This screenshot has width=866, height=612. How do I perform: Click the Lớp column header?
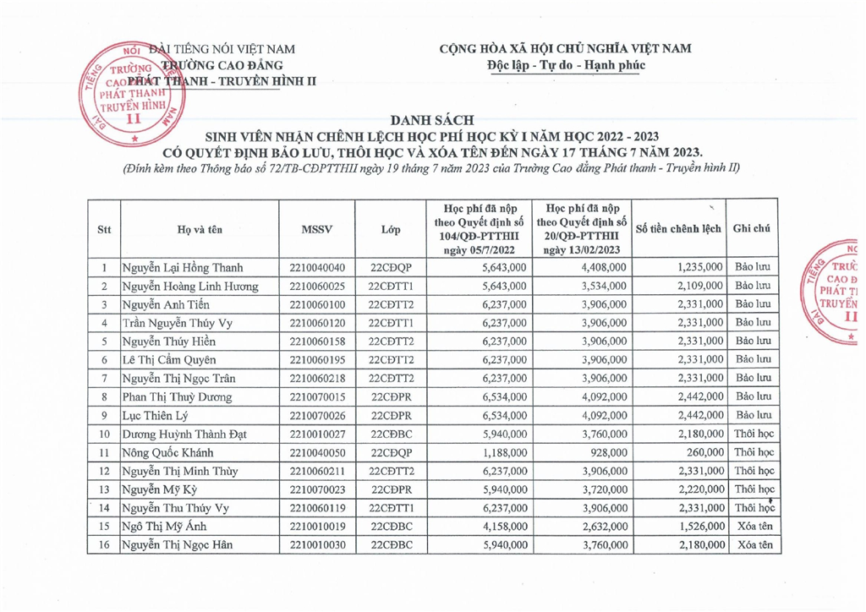coord(391,228)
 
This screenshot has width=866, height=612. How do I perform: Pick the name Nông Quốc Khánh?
coord(165,452)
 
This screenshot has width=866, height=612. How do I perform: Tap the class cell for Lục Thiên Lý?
coord(391,415)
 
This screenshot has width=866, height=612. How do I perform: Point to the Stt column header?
coord(104,228)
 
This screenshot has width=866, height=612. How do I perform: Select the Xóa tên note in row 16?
coord(751,544)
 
